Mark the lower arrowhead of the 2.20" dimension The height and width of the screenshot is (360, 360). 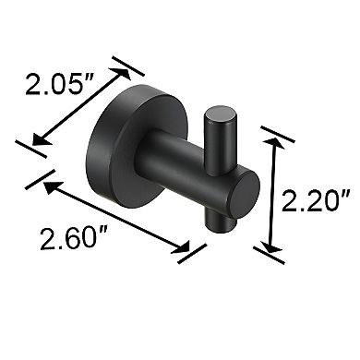tap(270, 244)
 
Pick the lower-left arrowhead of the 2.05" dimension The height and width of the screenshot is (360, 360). tap(38, 139)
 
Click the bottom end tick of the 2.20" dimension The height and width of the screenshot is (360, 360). tap(270, 252)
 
